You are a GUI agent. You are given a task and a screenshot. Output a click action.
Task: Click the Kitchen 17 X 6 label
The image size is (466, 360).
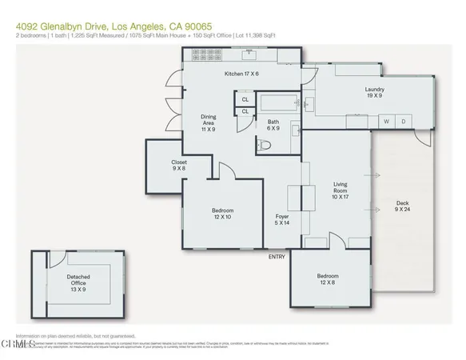243,74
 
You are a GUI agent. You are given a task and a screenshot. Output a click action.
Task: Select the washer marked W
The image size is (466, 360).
386,122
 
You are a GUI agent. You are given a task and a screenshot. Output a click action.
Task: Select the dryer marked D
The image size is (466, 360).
404,122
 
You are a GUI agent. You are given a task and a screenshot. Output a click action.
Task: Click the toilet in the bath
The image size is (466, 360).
265,145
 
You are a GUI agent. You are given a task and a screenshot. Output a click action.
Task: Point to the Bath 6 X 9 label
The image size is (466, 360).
273,126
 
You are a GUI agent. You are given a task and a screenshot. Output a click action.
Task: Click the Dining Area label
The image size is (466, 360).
209,122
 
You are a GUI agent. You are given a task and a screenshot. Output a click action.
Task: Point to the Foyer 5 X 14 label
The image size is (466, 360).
282,221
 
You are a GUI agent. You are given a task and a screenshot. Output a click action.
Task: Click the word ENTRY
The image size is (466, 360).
277,256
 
